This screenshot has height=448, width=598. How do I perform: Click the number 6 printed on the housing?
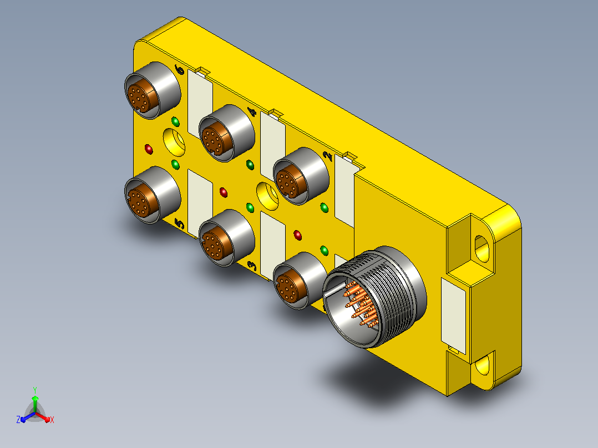[180, 69]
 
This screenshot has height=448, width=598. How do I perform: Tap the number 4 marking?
[252, 111]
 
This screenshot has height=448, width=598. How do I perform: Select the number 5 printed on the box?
[179, 223]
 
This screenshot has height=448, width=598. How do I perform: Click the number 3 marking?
[252, 266]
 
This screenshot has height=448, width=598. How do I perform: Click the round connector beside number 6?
[152, 90]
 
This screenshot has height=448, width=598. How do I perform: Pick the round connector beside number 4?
[226, 133]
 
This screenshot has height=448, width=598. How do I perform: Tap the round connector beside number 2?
[301, 176]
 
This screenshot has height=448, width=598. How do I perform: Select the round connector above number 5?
[152, 195]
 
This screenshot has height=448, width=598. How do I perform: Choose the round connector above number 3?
[226, 237]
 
